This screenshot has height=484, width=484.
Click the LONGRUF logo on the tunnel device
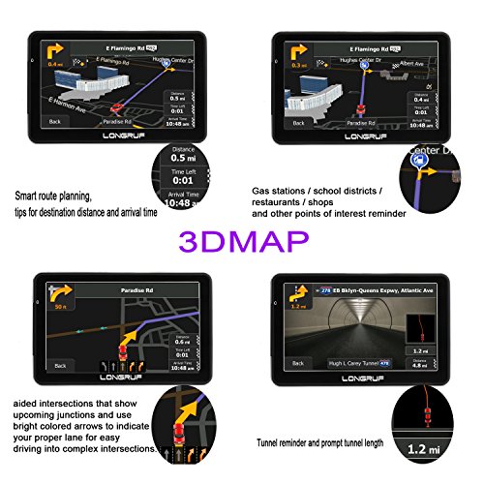[371, 384]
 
